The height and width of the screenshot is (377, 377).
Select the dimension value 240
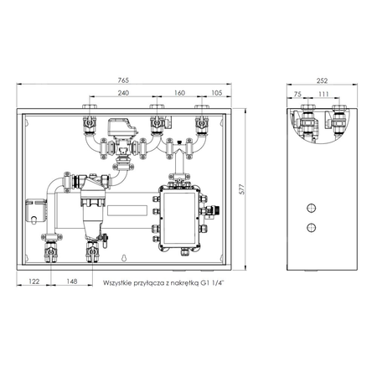[x=123, y=94]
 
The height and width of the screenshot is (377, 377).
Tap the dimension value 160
[x=179, y=94]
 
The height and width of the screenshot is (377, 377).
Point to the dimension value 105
[x=215, y=94]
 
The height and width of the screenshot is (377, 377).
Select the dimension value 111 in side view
[x=323, y=96]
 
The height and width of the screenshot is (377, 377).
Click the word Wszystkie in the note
[x=119, y=284]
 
